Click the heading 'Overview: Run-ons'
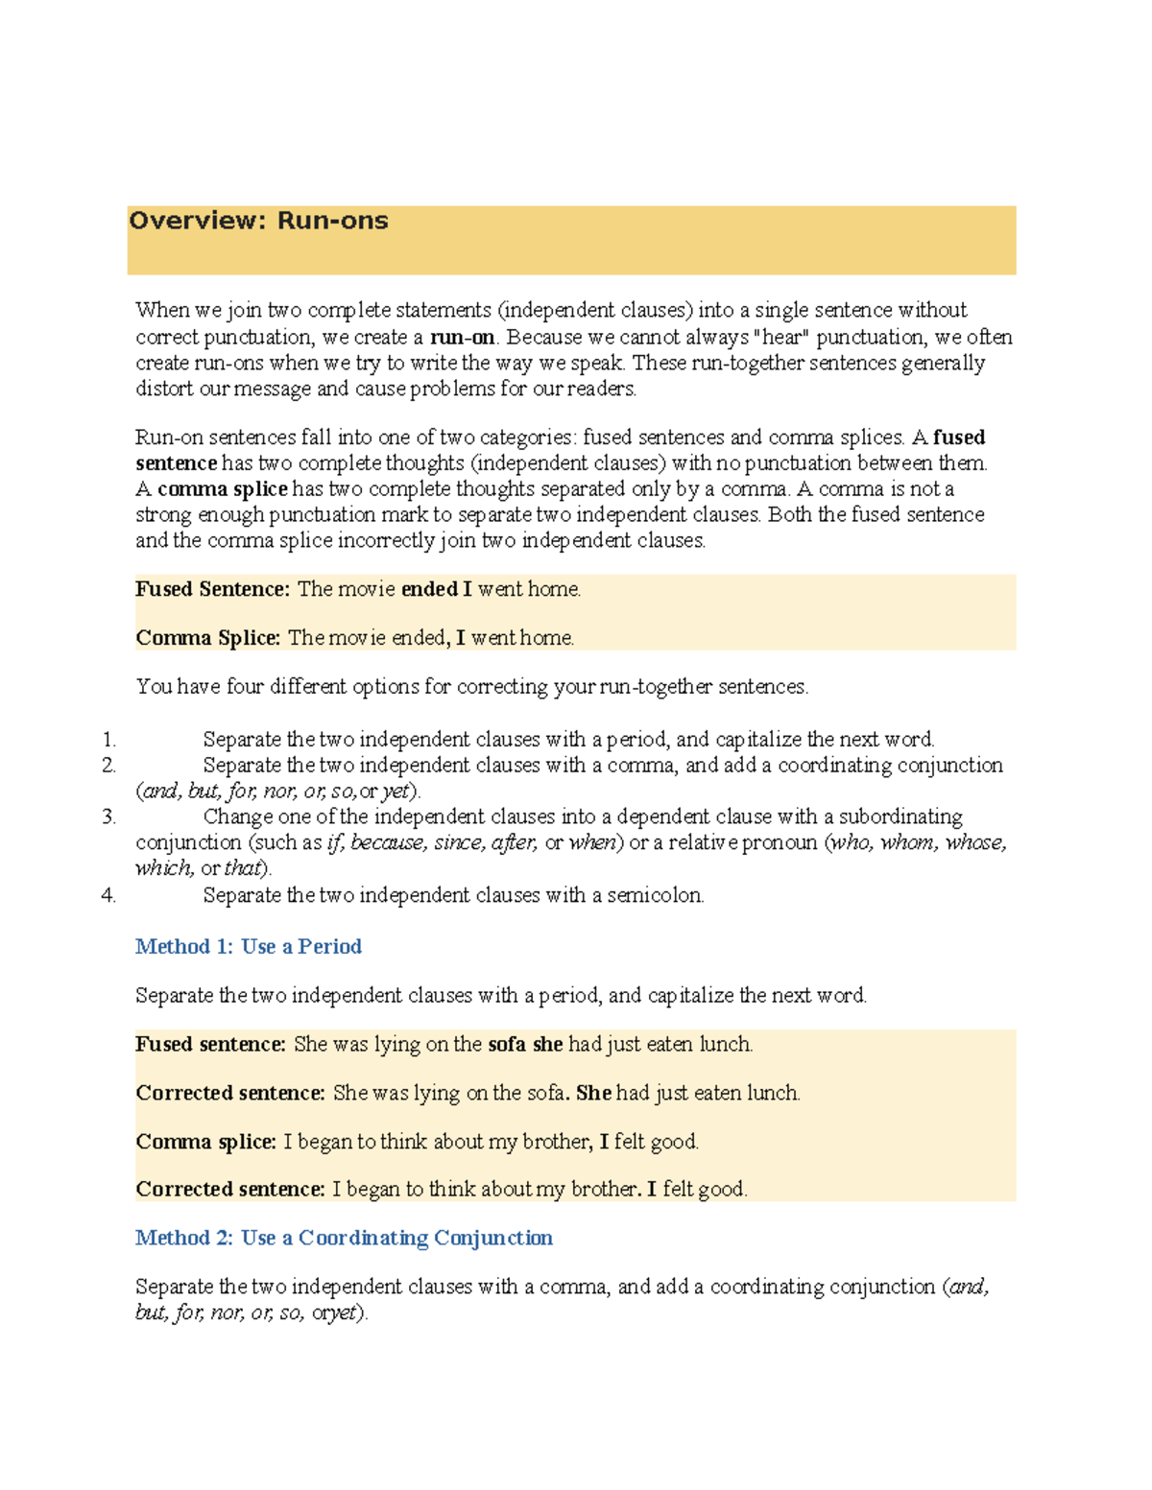point(258,221)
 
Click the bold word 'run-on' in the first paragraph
point(462,337)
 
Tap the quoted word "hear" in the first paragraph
point(781,337)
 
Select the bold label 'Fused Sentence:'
point(212,589)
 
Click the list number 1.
point(109,740)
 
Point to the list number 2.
point(109,766)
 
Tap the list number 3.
point(109,817)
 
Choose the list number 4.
point(109,895)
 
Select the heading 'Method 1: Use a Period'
point(248,947)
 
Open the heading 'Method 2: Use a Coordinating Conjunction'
point(344,1238)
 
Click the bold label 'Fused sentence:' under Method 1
point(210,1044)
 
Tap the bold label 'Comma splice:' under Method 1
point(205,1142)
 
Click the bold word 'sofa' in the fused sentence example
point(506,1044)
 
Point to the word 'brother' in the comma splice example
point(556,1142)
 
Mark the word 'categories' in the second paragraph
point(527,438)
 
